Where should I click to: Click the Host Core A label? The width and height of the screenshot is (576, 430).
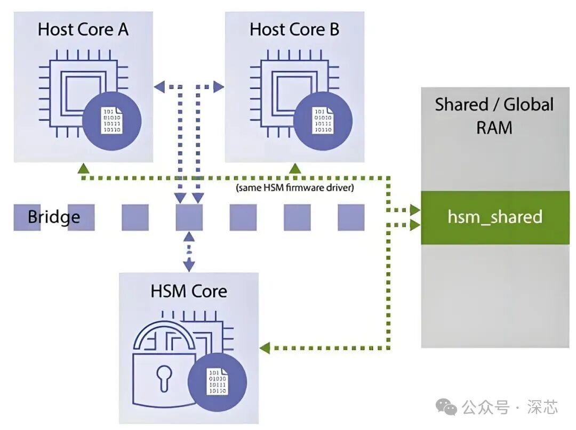(x=83, y=29)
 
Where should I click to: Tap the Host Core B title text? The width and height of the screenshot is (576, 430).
(x=294, y=29)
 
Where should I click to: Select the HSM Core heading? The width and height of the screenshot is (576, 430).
(x=189, y=291)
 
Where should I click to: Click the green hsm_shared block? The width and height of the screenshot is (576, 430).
(x=495, y=217)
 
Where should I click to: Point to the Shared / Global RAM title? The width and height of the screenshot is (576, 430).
(x=494, y=116)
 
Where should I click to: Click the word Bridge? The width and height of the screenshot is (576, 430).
(x=54, y=217)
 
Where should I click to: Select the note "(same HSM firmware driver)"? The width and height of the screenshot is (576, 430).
(x=294, y=188)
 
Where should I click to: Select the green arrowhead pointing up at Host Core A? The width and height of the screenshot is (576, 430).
(x=83, y=168)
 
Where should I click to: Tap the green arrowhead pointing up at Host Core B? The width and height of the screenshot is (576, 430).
(x=294, y=168)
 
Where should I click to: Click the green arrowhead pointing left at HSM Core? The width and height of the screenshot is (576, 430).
(x=265, y=348)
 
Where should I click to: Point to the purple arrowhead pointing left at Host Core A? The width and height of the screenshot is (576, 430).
(x=158, y=85)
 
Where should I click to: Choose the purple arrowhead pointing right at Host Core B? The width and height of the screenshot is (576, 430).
(x=219, y=85)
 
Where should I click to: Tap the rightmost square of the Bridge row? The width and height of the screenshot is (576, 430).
(x=351, y=217)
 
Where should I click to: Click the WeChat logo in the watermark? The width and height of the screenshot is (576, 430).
(x=446, y=408)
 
